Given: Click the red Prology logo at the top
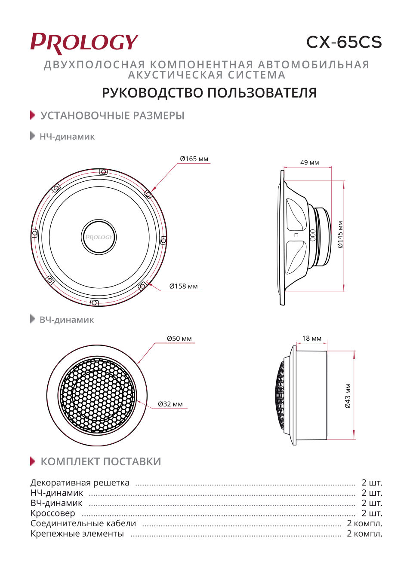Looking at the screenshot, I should pos(84,43).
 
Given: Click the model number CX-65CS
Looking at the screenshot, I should pos(344,42).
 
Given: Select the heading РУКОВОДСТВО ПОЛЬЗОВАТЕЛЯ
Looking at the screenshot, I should pos(209,93).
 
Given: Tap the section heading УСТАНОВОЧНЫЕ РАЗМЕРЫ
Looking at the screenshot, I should pos(112,116).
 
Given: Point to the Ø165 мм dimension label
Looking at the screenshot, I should pos(194,159).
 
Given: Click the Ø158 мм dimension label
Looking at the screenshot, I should pos(183,286).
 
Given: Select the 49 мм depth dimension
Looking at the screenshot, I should pos(309,162).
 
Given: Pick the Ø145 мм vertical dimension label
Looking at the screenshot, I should pos(340,235).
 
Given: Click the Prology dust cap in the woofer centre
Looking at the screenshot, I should pos(99,237).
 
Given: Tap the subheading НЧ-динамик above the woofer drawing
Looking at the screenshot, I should pos(67,137).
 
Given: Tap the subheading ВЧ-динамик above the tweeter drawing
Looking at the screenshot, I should pos(67,320).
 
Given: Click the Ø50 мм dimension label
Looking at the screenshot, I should pos(179,339).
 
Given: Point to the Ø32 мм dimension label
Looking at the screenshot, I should pos(170,404).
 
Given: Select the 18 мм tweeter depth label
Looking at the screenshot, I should pos(311,339).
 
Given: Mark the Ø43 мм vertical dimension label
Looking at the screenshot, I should pos(348,396).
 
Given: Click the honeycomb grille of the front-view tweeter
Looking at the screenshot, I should pos(97,396).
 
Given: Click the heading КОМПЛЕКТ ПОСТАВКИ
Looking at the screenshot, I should pos(101,461).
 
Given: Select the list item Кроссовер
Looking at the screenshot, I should pos(52,513).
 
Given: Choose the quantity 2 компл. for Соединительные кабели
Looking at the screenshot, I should pos(364,523).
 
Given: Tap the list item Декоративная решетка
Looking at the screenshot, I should pos(80,482).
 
